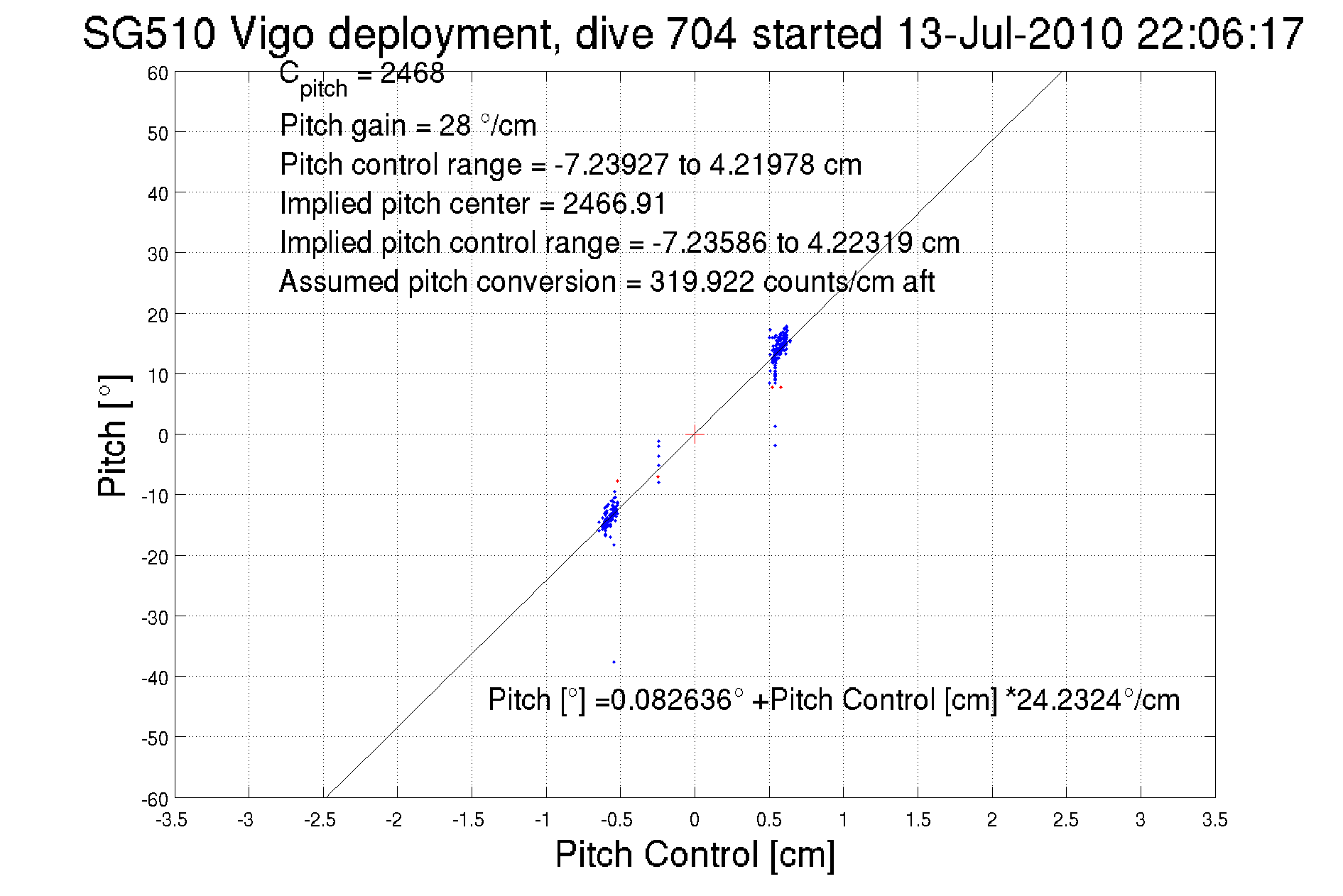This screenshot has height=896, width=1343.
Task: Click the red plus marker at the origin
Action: (x=695, y=433)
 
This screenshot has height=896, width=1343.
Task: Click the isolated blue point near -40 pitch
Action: (x=614, y=662)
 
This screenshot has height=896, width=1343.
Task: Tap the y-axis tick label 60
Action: (x=158, y=74)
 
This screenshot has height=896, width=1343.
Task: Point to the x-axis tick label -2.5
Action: (x=320, y=820)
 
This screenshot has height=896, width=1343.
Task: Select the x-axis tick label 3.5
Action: (x=1214, y=820)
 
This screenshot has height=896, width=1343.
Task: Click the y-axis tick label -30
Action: (x=155, y=618)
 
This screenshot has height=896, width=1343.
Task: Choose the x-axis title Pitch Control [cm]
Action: (x=695, y=854)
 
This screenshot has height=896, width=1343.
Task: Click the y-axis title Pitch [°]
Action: (x=114, y=435)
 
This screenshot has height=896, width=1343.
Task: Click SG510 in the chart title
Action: (x=148, y=34)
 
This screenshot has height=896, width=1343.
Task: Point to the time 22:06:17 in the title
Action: (x=1219, y=34)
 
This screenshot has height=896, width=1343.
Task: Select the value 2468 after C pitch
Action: (x=412, y=73)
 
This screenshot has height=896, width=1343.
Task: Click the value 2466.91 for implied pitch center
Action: (x=614, y=204)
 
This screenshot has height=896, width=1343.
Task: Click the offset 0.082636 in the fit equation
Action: (x=671, y=700)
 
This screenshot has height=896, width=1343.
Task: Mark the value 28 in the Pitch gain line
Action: (x=455, y=126)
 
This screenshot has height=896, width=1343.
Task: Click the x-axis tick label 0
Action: (x=695, y=820)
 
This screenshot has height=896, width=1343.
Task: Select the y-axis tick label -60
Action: (x=155, y=799)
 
